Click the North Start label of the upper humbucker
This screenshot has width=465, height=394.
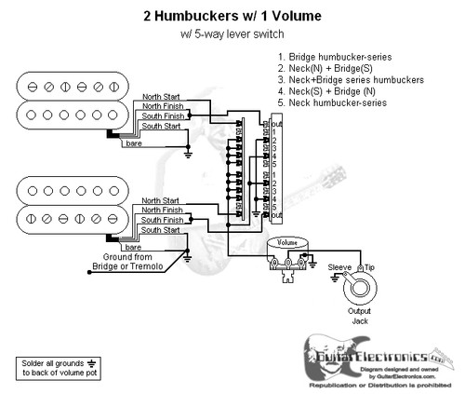[x=162, y=96]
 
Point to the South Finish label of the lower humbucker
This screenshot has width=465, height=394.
[x=161, y=220]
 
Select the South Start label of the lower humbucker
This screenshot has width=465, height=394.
[x=159, y=232]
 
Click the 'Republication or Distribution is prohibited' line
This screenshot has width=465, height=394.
[x=373, y=383]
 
